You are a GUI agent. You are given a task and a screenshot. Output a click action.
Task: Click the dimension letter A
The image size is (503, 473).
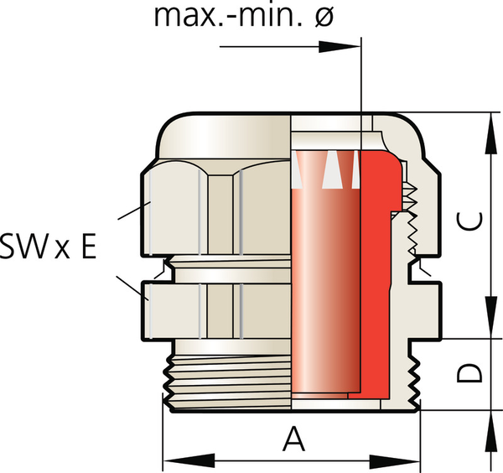(x=292, y=439)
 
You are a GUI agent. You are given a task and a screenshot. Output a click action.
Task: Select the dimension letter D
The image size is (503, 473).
(x=473, y=373)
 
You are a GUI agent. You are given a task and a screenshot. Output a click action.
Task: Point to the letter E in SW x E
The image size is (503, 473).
(x=87, y=247)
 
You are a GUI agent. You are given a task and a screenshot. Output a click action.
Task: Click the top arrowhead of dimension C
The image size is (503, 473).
(x=489, y=122)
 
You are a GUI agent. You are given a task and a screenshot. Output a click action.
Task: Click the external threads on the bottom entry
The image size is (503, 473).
(x=226, y=382)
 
